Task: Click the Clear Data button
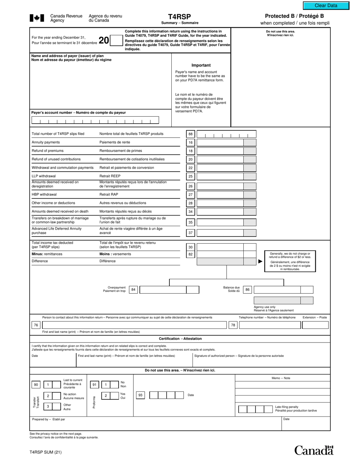click(326, 6)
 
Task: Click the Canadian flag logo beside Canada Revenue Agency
click(37, 18)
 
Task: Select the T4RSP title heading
click(179, 17)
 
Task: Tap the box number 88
click(191, 134)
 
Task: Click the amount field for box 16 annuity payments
click(220, 142)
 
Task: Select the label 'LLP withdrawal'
click(44, 176)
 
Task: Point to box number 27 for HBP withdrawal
click(191, 195)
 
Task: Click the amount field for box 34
click(220, 212)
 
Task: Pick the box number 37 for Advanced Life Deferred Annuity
click(191, 233)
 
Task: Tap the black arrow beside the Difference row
click(260, 261)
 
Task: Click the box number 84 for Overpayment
click(133, 290)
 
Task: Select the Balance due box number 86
click(247, 290)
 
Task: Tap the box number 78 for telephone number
click(233, 325)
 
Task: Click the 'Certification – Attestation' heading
click(180, 339)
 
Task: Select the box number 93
click(141, 396)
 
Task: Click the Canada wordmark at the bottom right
click(314, 450)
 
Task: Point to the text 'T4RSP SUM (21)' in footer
click(45, 452)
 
